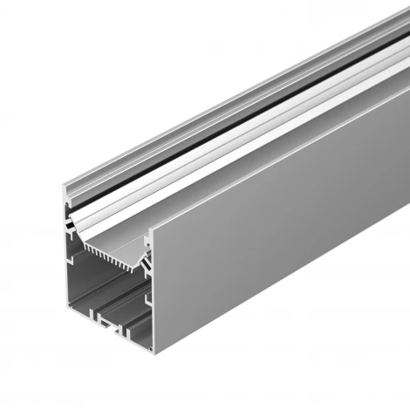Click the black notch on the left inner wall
(69, 225)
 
